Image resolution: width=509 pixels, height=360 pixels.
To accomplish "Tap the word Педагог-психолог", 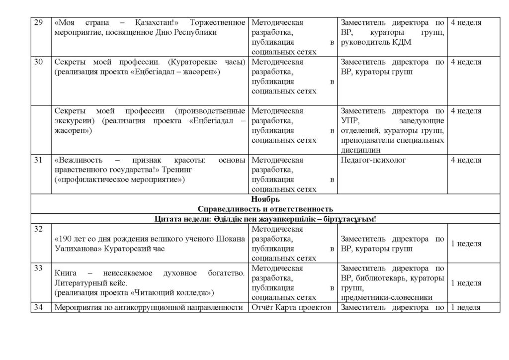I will [374, 161].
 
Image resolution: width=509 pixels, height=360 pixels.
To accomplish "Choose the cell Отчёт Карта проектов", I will [291, 307].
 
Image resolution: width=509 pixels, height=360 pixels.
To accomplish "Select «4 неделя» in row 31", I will [465, 161].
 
